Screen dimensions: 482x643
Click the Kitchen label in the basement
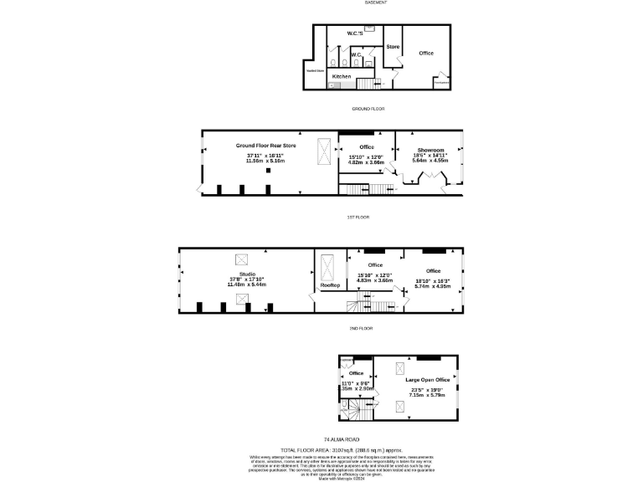pos(342,76)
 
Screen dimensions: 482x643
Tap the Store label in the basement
pos(393,47)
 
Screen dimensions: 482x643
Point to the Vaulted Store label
pos(315,71)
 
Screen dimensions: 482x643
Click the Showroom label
pos(430,148)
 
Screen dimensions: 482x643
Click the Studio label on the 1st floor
pos(247,273)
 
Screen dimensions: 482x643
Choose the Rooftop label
pos(330,285)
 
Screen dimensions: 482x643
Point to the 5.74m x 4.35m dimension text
pos(433,286)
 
